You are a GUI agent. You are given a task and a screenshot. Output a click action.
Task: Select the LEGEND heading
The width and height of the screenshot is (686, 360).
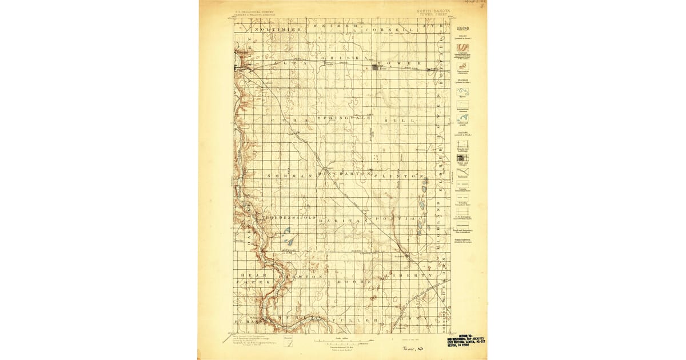point(462,28)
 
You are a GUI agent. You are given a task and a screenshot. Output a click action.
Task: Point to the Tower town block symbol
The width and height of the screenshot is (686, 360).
point(376,67)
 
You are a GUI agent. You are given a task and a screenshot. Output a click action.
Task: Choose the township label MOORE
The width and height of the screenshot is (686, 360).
point(350,282)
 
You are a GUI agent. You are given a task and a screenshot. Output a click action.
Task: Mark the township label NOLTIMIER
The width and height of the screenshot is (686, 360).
point(278,29)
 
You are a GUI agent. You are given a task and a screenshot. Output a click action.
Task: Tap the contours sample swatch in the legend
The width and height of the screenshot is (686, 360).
point(462,48)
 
